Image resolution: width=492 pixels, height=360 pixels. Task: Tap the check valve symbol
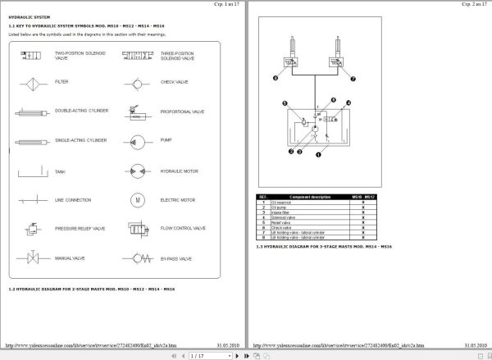pos(135,83)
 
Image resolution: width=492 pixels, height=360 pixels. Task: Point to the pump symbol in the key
pos(135,140)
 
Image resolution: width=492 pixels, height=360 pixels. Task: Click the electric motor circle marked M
pos(135,199)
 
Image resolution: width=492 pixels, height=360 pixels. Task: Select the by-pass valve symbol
pos(135,259)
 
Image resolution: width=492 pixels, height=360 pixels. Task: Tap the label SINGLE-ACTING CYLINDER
pos(80,140)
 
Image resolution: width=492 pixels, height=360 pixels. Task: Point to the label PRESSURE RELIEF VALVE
pos(80,229)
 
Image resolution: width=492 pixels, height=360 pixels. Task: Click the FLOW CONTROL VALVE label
pos(178,229)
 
